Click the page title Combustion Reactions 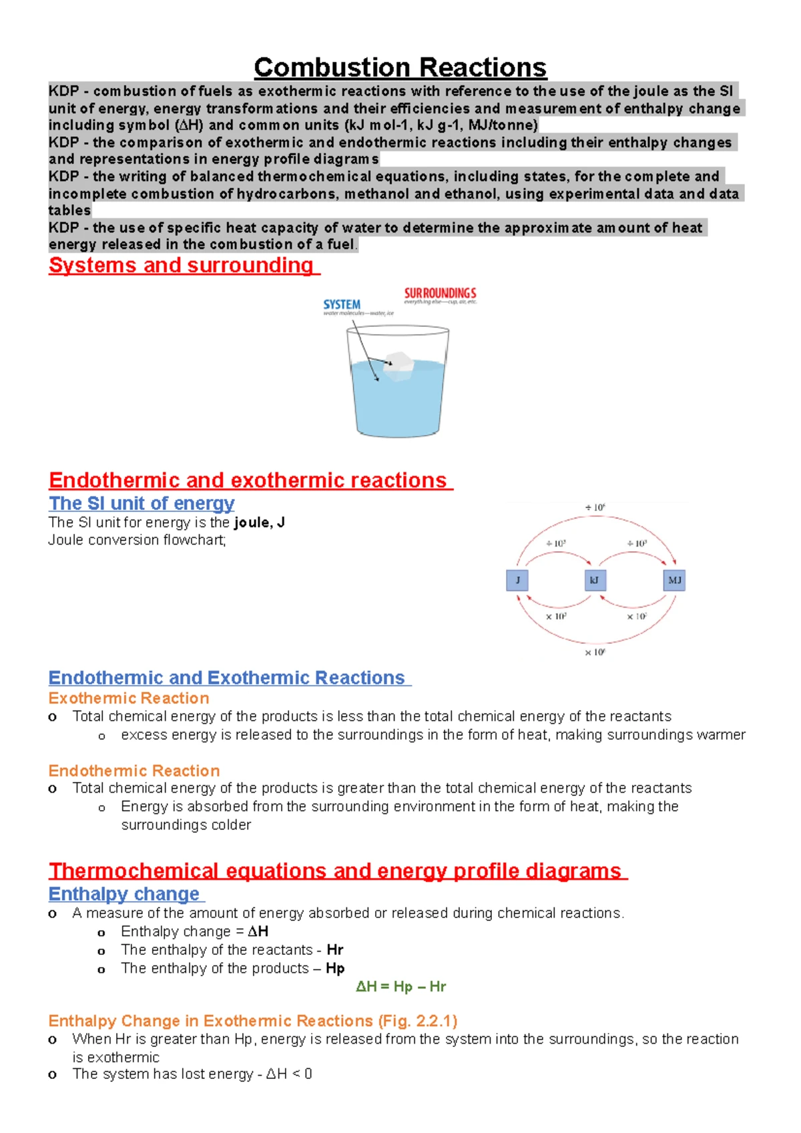pyautogui.click(x=400, y=67)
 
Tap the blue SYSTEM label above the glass pyautogui.click(x=342, y=304)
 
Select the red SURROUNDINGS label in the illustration pyautogui.click(x=440, y=293)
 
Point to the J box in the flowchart pyautogui.click(x=517, y=580)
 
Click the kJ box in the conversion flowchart pyautogui.click(x=595, y=580)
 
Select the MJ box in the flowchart pyautogui.click(x=674, y=580)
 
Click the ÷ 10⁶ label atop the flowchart pyautogui.click(x=595, y=508)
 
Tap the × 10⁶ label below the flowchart pyautogui.click(x=595, y=652)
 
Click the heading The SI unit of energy pyautogui.click(x=142, y=503)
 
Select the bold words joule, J pyautogui.click(x=260, y=522)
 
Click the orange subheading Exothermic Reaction pyautogui.click(x=129, y=698)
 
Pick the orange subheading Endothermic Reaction pyautogui.click(x=134, y=771)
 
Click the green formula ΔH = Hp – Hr pyautogui.click(x=400, y=986)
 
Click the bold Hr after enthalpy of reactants pyautogui.click(x=335, y=950)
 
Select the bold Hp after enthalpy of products pyautogui.click(x=335, y=968)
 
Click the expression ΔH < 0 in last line pyautogui.click(x=289, y=1074)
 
